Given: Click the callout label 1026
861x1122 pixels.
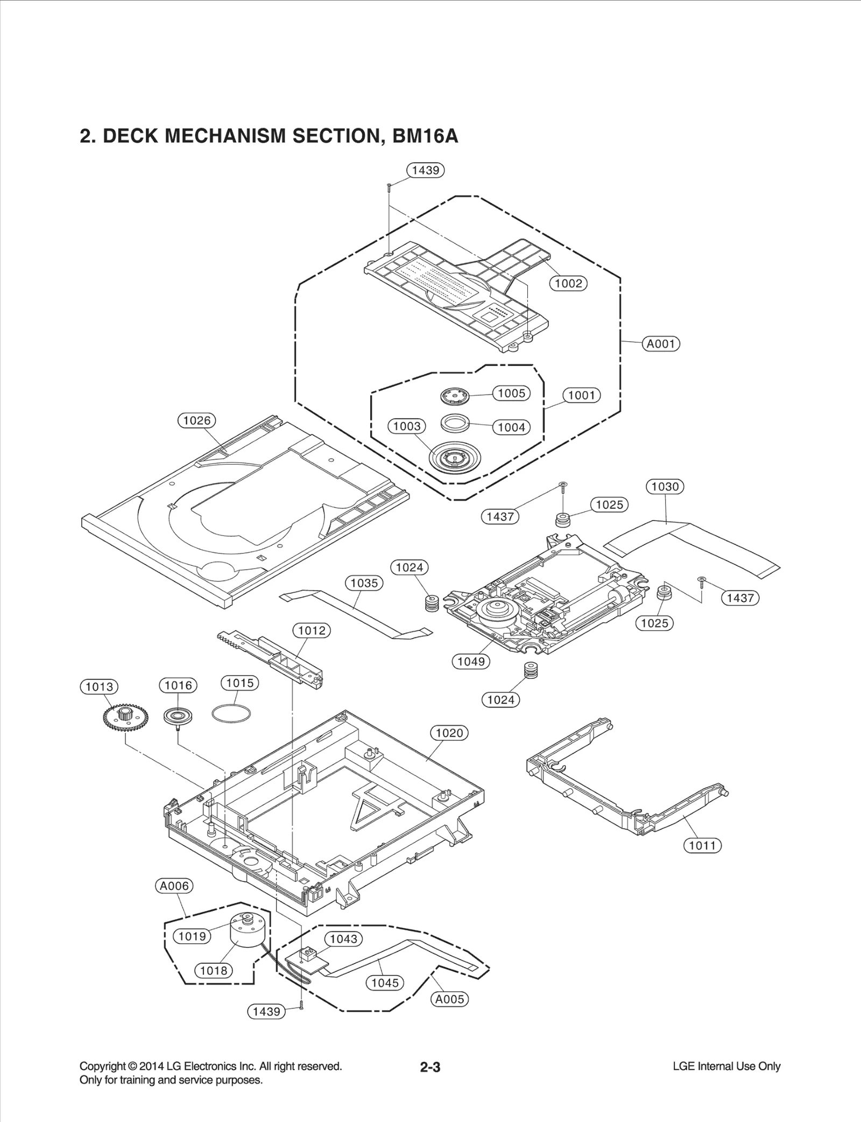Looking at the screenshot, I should (196, 420).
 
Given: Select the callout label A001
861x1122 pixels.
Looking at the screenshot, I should (661, 343).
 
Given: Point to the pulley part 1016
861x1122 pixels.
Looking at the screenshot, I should (178, 716).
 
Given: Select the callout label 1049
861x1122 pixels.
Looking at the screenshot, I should (471, 661).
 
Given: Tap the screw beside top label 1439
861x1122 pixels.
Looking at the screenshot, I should (388, 186).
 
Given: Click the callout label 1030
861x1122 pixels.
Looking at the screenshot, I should (665, 487).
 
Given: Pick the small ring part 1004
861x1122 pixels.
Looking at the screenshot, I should (454, 422).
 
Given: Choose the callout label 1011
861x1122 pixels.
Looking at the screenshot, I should (702, 845).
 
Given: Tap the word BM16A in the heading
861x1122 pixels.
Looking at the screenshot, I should (425, 136).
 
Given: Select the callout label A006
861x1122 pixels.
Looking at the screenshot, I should (174, 886).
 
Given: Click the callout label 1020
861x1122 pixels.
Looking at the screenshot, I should (449, 733).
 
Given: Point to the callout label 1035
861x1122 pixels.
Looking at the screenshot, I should (364, 583).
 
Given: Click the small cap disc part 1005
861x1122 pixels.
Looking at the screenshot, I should (454, 397).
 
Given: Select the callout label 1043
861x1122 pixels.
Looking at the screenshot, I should (343, 939).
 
